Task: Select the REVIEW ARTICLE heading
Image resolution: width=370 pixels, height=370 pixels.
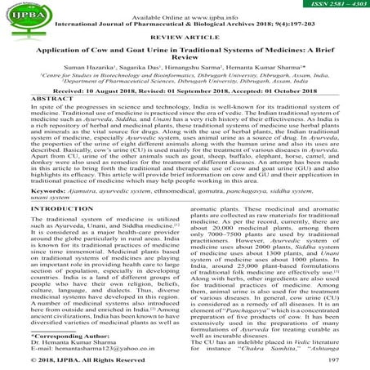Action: click(185, 36)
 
